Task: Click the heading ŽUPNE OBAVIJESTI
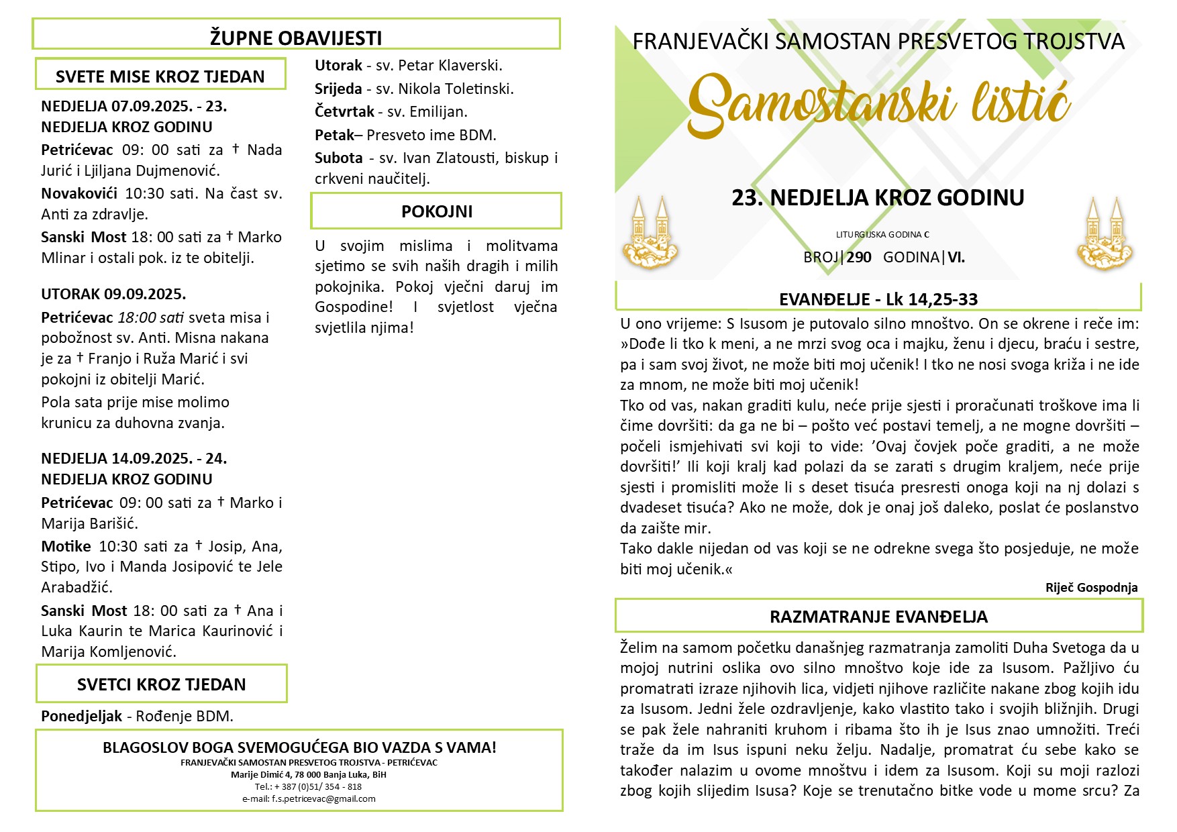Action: point(296,38)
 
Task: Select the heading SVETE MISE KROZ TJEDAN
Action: point(160,76)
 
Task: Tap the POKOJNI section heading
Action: point(437,211)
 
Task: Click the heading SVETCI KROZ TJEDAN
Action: point(162,684)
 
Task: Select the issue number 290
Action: point(859,257)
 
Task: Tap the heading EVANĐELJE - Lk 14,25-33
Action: point(878,299)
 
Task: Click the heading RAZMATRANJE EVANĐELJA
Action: point(878,617)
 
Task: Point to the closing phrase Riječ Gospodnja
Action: point(1091,588)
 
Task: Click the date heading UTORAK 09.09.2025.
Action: point(113,294)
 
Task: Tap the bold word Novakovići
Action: point(79,194)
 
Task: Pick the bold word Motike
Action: point(66,546)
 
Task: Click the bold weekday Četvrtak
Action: point(344,111)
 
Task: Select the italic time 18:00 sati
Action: point(151,317)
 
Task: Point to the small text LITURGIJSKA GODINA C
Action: point(882,235)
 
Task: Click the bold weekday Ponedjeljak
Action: point(81,716)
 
